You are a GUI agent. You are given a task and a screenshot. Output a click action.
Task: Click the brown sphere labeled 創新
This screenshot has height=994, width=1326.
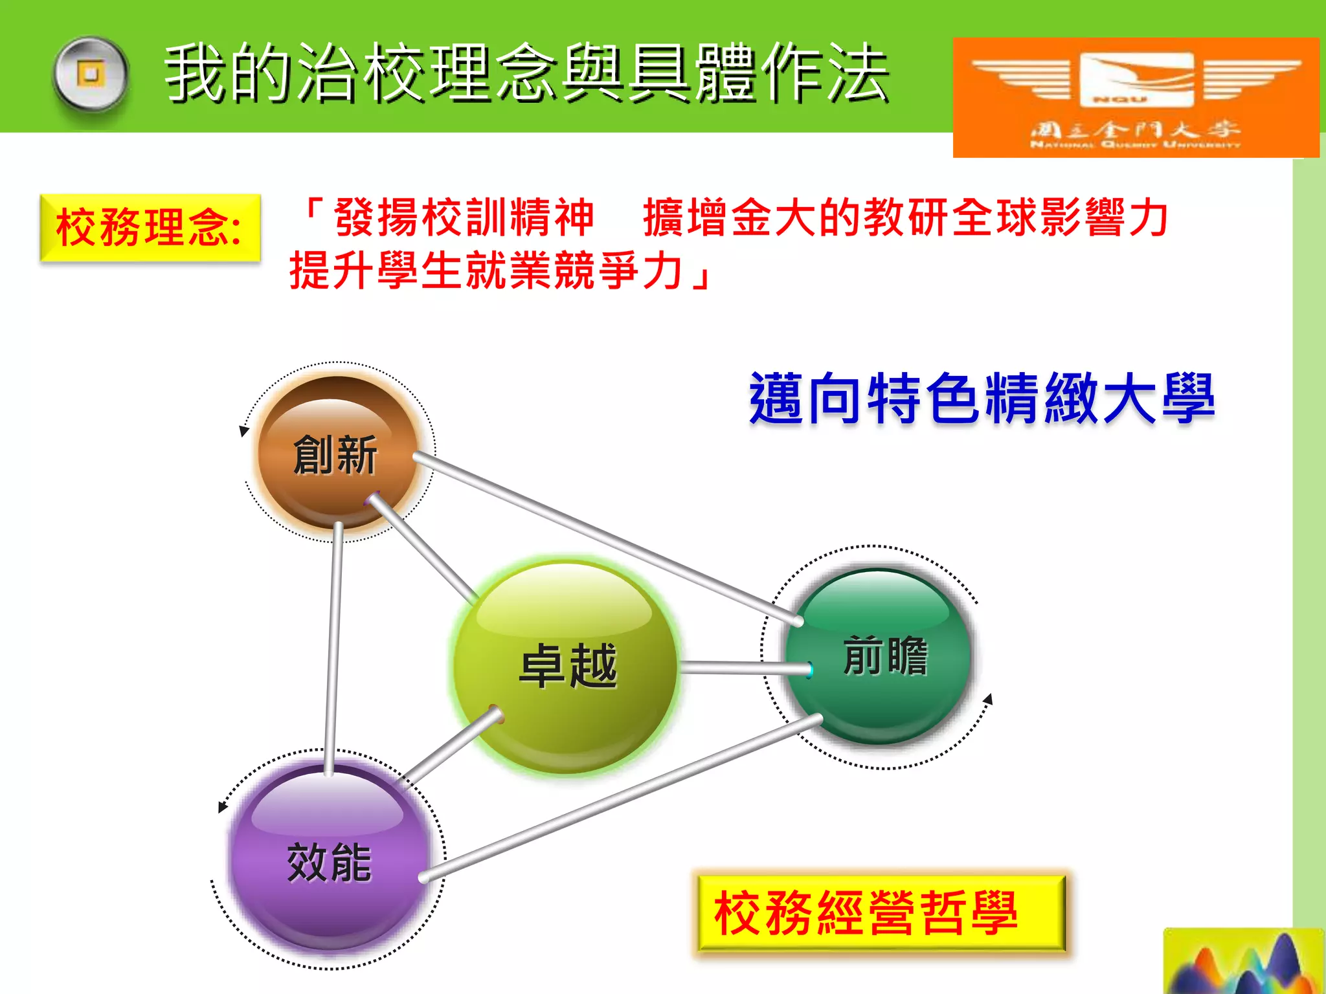click(x=337, y=453)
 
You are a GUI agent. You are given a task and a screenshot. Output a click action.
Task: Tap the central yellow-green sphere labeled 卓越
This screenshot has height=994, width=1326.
click(x=567, y=667)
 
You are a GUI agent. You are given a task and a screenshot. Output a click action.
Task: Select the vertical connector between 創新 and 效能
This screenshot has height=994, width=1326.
click(x=333, y=647)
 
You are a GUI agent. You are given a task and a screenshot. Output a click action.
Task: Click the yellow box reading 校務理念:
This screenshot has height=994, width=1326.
click(x=150, y=228)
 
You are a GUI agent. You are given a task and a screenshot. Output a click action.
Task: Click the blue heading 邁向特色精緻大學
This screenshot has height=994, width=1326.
click(x=981, y=398)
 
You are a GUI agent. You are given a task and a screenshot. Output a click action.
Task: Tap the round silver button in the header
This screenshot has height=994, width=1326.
click(x=91, y=74)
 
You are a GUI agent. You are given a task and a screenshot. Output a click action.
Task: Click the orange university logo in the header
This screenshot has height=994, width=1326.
click(x=1136, y=97)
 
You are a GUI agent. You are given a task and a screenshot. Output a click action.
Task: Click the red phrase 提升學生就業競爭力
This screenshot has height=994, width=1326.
click(x=486, y=271)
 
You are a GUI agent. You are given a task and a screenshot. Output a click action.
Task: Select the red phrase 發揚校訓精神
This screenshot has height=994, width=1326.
click(x=463, y=217)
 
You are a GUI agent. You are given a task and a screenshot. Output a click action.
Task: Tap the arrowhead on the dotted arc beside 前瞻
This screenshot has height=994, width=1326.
click(x=988, y=700)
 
